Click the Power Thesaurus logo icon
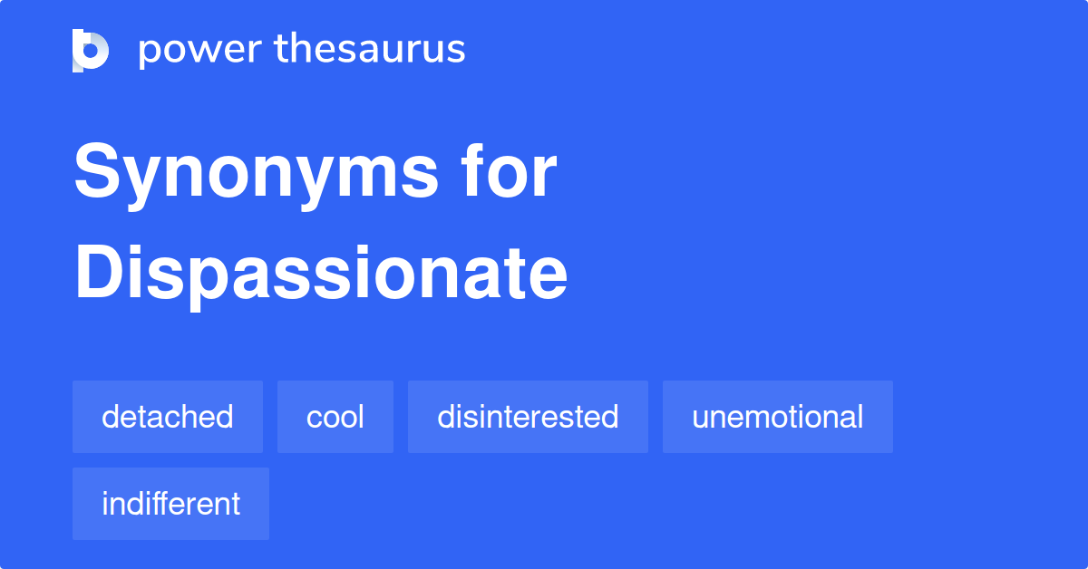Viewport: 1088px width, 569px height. pos(90,50)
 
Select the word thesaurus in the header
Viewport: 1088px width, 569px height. pos(370,50)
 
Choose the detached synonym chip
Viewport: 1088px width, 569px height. pos(168,417)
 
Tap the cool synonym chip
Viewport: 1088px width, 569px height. pos(335,417)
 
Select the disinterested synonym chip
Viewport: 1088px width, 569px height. pos(528,417)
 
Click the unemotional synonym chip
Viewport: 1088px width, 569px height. pos(777,417)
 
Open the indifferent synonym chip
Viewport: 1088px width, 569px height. pos(170,504)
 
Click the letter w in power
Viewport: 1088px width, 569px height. pos(206,52)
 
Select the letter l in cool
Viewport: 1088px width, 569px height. pos(361,417)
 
